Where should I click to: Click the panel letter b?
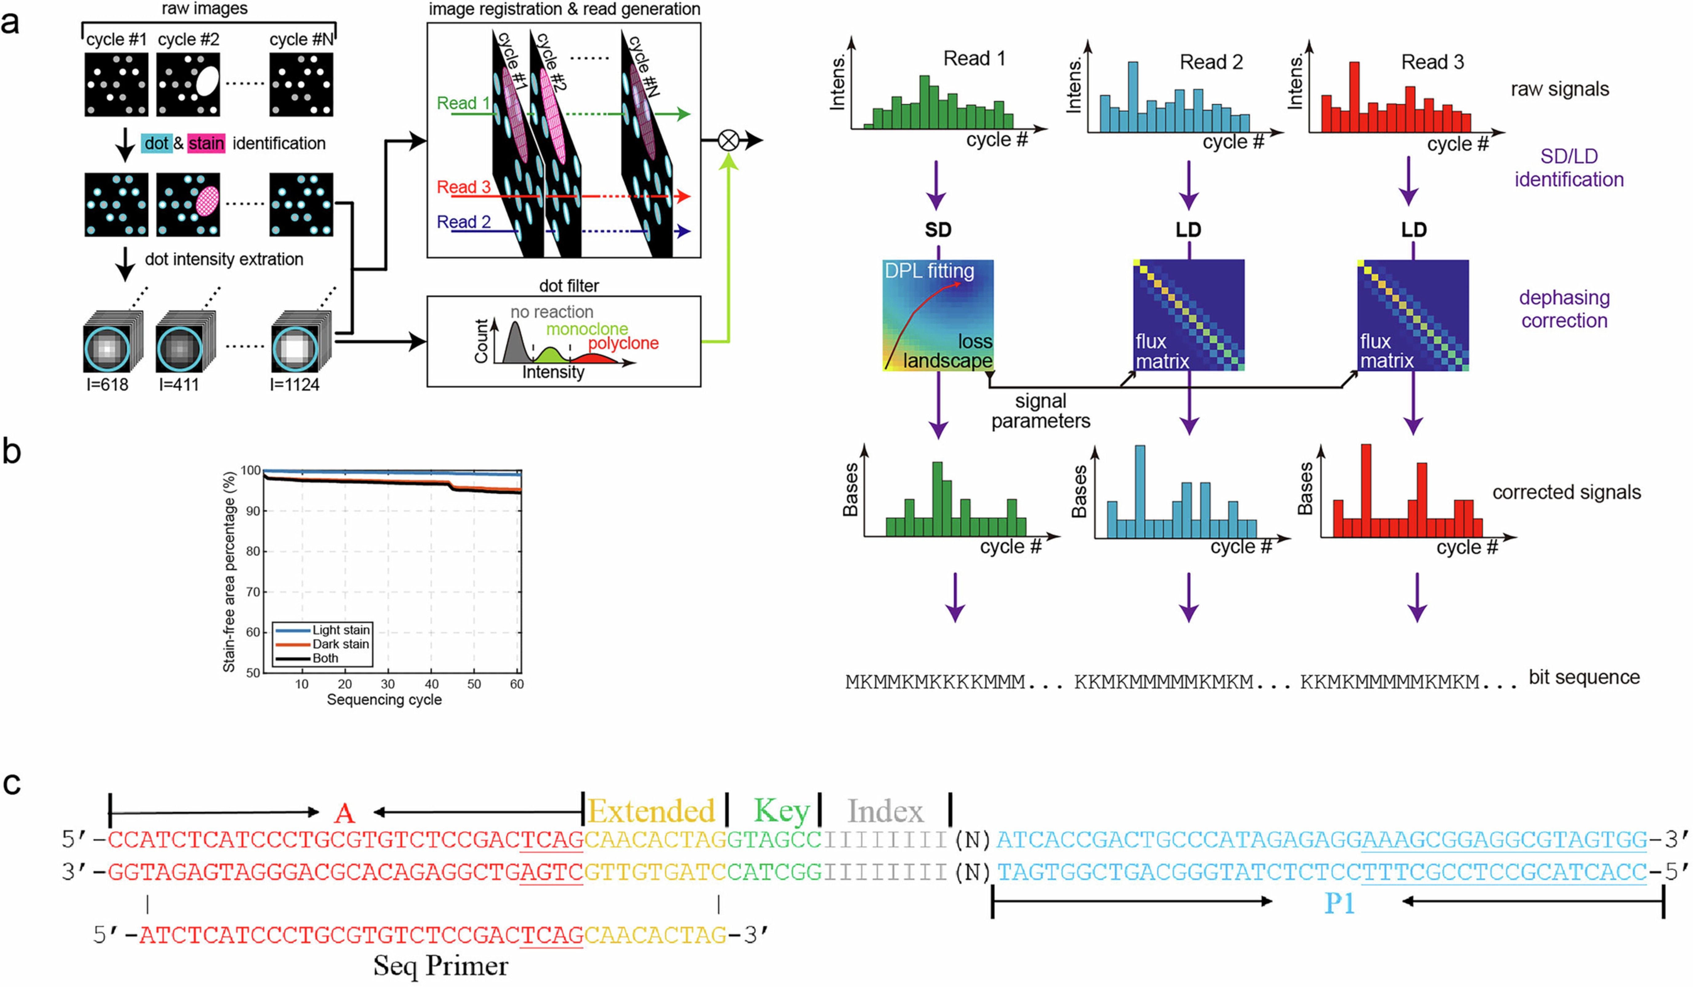pyautogui.click(x=12, y=452)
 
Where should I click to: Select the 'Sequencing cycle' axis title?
pyautogui.click(x=384, y=699)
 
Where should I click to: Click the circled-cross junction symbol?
pyautogui.click(x=728, y=140)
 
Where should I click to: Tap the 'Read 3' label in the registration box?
pyautogui.click(x=464, y=187)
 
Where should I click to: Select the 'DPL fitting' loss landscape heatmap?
pyautogui.click(x=938, y=315)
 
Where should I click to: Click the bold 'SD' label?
pyautogui.click(x=938, y=230)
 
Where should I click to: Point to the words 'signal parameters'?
pyautogui.click(x=1041, y=410)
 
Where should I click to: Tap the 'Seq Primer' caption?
pyautogui.click(x=441, y=965)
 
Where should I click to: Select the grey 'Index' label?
pyautogui.click(x=885, y=811)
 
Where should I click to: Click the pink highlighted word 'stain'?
pyautogui.click(x=205, y=143)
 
